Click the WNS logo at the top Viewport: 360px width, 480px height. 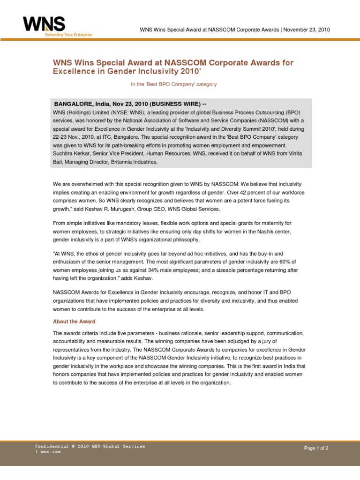44,24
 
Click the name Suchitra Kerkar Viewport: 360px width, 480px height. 72,153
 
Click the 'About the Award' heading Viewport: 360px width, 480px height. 74,322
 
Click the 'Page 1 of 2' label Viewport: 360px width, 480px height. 316,448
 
